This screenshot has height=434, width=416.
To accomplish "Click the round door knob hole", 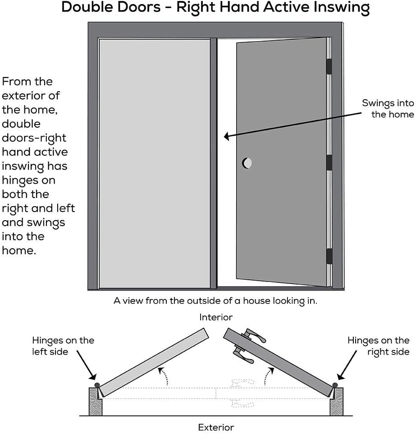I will (x=247, y=163).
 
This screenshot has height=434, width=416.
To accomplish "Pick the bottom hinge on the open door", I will (x=329, y=256).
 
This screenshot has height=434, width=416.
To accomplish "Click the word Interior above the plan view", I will (x=216, y=318).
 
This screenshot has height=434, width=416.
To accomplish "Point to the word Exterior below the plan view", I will (x=216, y=427).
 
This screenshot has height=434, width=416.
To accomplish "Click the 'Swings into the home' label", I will (x=388, y=109).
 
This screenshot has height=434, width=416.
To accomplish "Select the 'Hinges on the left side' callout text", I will (x=63, y=346).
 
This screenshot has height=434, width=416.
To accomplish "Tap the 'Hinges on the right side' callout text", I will (x=378, y=346).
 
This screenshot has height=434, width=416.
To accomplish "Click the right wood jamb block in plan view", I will (x=337, y=401).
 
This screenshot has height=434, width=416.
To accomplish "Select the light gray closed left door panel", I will (x=154, y=163).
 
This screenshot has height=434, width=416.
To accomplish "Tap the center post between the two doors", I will (x=214, y=163).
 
